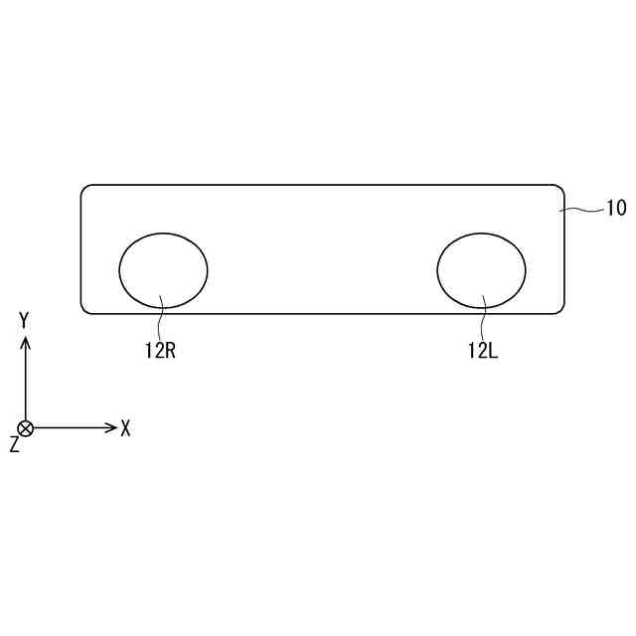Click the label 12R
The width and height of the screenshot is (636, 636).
coord(161,351)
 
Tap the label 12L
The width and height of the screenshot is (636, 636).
coord(483,351)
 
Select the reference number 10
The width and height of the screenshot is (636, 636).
coord(616,208)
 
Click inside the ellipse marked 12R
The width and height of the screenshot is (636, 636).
coord(163,270)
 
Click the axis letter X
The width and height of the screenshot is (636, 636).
coord(126,428)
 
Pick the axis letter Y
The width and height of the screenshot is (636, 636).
coord(25,320)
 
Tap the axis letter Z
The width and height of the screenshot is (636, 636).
coord(15,444)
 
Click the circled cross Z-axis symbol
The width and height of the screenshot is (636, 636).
coord(26,428)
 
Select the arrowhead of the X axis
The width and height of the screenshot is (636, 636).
coord(112,427)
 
